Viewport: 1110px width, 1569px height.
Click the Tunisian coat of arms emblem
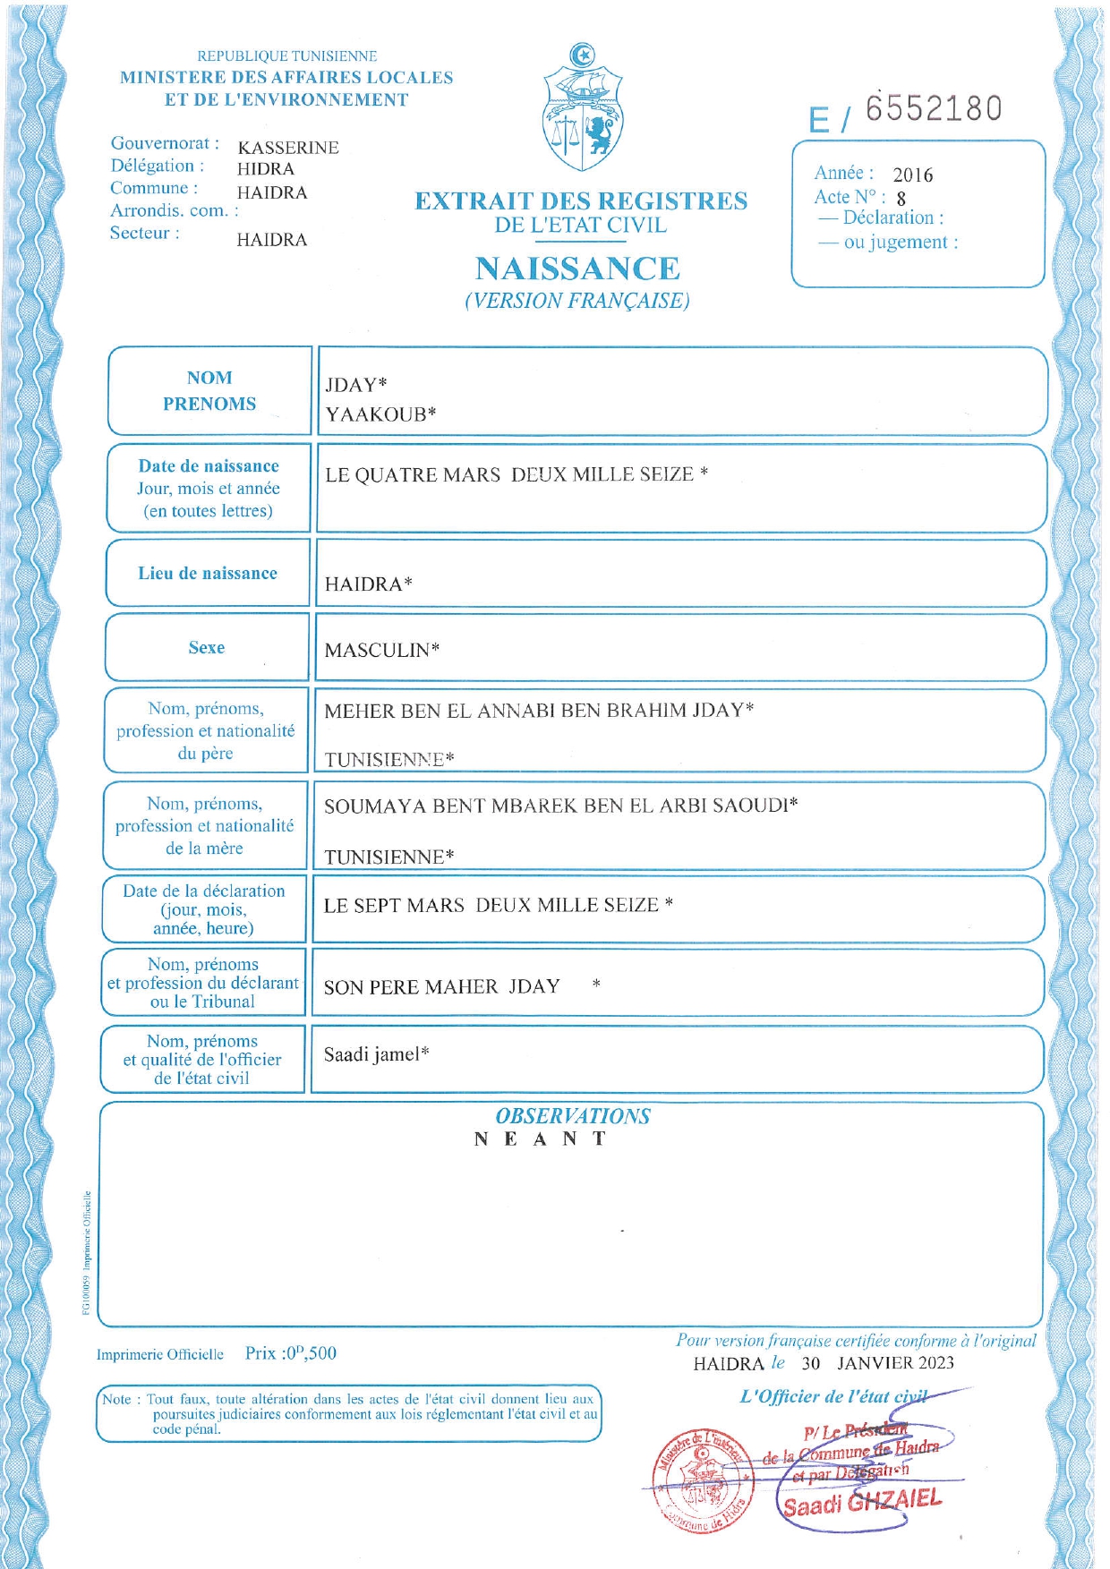point(583,107)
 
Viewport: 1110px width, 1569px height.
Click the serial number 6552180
point(933,108)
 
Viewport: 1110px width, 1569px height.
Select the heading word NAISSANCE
point(577,269)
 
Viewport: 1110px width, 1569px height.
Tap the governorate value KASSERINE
point(288,148)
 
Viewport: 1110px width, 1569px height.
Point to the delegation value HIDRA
point(266,169)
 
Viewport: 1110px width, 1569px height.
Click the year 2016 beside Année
point(912,175)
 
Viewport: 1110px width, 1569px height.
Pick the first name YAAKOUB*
point(380,414)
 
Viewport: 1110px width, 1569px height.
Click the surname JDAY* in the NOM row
point(355,386)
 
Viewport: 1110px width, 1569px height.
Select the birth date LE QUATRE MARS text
point(413,475)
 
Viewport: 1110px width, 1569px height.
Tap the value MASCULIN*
point(381,651)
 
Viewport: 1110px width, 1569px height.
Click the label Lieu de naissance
point(208,574)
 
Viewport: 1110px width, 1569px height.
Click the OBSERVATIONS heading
point(573,1116)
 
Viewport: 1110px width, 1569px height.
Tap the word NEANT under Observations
point(541,1139)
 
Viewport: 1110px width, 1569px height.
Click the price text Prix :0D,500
point(291,1353)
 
